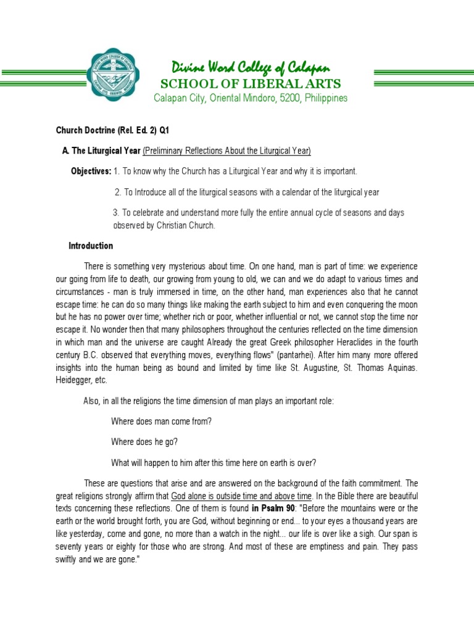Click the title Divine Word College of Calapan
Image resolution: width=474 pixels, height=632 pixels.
[x=250, y=67]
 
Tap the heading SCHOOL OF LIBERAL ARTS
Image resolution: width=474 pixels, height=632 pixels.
[x=250, y=83]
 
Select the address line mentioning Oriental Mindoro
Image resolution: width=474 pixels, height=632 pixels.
[x=250, y=98]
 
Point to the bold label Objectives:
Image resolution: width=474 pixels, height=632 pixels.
[x=91, y=170]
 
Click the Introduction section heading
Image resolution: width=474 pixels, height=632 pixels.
[x=91, y=246]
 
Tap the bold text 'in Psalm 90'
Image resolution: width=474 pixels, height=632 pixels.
[x=273, y=509]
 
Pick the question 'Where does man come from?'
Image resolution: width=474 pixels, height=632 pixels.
[x=162, y=421]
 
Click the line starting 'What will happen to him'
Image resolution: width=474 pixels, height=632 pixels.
[x=214, y=462]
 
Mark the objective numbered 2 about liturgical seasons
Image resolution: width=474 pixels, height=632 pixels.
[x=247, y=192]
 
